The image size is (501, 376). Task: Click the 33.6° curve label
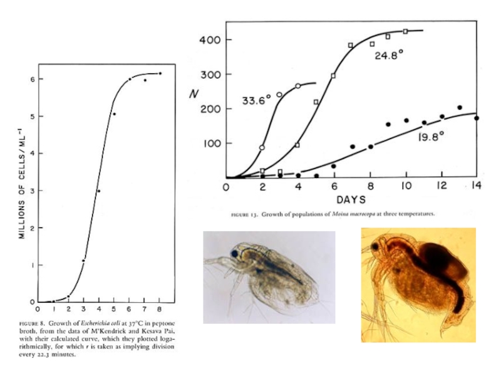pos(257,100)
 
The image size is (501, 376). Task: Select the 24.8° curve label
pos(389,55)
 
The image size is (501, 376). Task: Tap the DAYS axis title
pos(351,200)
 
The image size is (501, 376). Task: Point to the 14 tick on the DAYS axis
pos(477,187)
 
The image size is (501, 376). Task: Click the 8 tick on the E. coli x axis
pos(160,309)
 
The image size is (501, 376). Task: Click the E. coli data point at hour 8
pos(160,73)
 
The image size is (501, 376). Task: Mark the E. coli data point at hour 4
pos(99,191)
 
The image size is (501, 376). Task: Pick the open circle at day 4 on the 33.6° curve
pos(298,86)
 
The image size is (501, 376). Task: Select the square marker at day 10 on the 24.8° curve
pos(405,31)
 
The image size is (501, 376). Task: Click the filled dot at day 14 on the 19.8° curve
pos(477,118)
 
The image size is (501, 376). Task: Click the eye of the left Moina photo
pos(234,253)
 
